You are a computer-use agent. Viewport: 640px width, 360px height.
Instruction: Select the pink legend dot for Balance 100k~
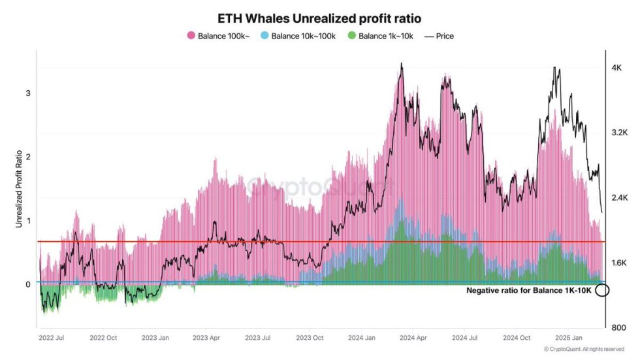pyautogui.click(x=191, y=36)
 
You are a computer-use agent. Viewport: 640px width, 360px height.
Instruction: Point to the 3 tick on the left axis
pyautogui.click(x=28, y=93)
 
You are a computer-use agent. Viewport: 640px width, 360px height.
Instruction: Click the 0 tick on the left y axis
pyautogui.click(x=28, y=284)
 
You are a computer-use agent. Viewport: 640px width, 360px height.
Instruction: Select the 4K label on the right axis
pyautogui.click(x=616, y=68)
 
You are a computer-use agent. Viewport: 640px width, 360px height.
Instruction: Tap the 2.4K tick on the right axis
pyautogui.click(x=618, y=197)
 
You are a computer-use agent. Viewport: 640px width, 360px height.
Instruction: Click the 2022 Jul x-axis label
pyautogui.click(x=52, y=338)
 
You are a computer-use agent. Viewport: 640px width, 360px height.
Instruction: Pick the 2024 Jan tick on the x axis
pyautogui.click(x=361, y=338)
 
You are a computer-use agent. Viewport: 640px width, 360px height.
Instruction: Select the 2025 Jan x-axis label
pyautogui.click(x=568, y=338)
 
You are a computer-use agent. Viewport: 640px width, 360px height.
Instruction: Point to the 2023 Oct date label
pyautogui.click(x=310, y=338)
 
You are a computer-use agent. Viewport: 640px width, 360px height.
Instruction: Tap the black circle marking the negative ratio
pyautogui.click(x=602, y=290)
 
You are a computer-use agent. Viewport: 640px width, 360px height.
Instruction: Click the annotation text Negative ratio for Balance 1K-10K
pyautogui.click(x=529, y=290)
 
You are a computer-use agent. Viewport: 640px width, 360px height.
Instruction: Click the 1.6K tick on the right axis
pyautogui.click(x=618, y=263)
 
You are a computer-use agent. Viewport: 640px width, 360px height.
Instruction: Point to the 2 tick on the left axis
pyautogui.click(x=28, y=157)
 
